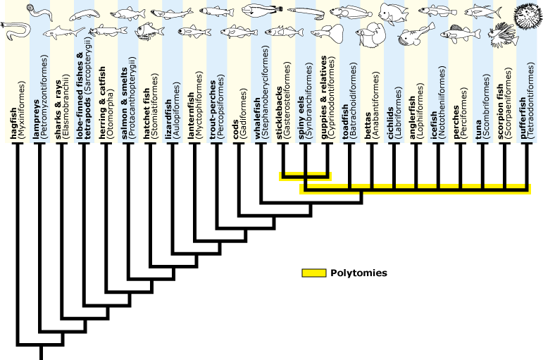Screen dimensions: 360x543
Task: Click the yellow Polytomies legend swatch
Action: click(313, 273)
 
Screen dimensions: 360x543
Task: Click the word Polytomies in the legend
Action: click(358, 273)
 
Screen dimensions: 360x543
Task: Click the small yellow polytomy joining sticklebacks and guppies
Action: click(304, 175)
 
